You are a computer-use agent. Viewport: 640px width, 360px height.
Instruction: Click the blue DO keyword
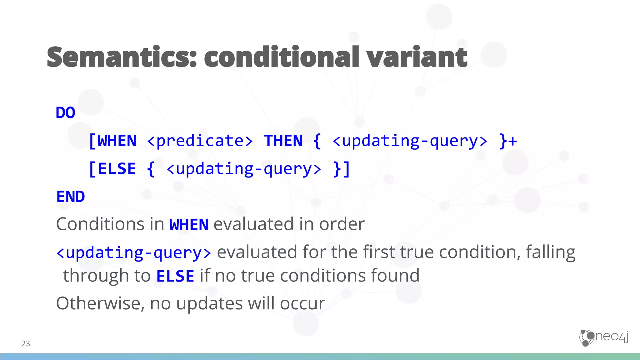click(x=65, y=113)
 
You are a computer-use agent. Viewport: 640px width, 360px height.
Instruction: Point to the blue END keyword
click(x=71, y=197)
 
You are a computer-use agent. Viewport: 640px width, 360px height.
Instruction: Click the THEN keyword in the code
click(x=283, y=141)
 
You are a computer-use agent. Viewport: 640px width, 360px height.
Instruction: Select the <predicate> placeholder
click(x=200, y=141)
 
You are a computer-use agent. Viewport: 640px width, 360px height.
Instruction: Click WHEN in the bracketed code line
click(x=117, y=141)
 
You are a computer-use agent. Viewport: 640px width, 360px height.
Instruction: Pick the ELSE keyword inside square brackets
click(x=117, y=169)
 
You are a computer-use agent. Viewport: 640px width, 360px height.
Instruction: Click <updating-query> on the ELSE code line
click(x=244, y=169)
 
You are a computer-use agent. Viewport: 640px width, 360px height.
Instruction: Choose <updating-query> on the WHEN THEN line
click(x=410, y=141)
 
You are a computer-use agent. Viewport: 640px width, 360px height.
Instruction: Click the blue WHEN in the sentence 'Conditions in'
click(x=189, y=225)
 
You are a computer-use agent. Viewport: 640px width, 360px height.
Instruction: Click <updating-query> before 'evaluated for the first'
click(x=134, y=252)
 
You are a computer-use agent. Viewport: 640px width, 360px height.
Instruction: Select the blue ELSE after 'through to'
click(x=175, y=276)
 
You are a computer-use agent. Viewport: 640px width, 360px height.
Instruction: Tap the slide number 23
click(x=26, y=344)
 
